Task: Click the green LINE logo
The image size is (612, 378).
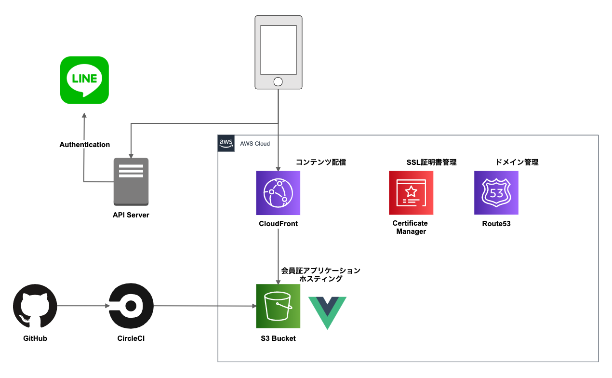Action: pos(84,80)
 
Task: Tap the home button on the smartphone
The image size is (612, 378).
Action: pos(278,81)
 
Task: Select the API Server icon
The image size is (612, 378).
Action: pos(131,181)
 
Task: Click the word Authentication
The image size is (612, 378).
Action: pos(85,145)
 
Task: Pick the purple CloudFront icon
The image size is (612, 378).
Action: pos(278,193)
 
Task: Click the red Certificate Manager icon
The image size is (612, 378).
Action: pos(411,193)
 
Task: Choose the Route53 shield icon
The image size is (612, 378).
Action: pos(496,193)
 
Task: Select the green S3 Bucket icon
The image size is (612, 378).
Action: pos(278,306)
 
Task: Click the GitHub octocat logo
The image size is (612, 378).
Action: pos(35,306)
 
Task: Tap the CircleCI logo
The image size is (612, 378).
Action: pos(131,306)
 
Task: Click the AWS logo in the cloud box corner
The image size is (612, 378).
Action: pos(226,143)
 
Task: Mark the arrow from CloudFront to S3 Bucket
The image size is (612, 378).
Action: pos(278,256)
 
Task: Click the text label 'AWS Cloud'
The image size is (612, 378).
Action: pos(255,144)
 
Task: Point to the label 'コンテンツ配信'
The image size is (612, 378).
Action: pos(321,162)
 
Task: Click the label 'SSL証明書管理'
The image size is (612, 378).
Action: pos(431,162)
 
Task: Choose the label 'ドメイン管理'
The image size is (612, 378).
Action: pos(517,162)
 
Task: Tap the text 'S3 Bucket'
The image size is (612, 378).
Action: pos(278,338)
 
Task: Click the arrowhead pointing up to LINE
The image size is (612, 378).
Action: pos(84,116)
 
